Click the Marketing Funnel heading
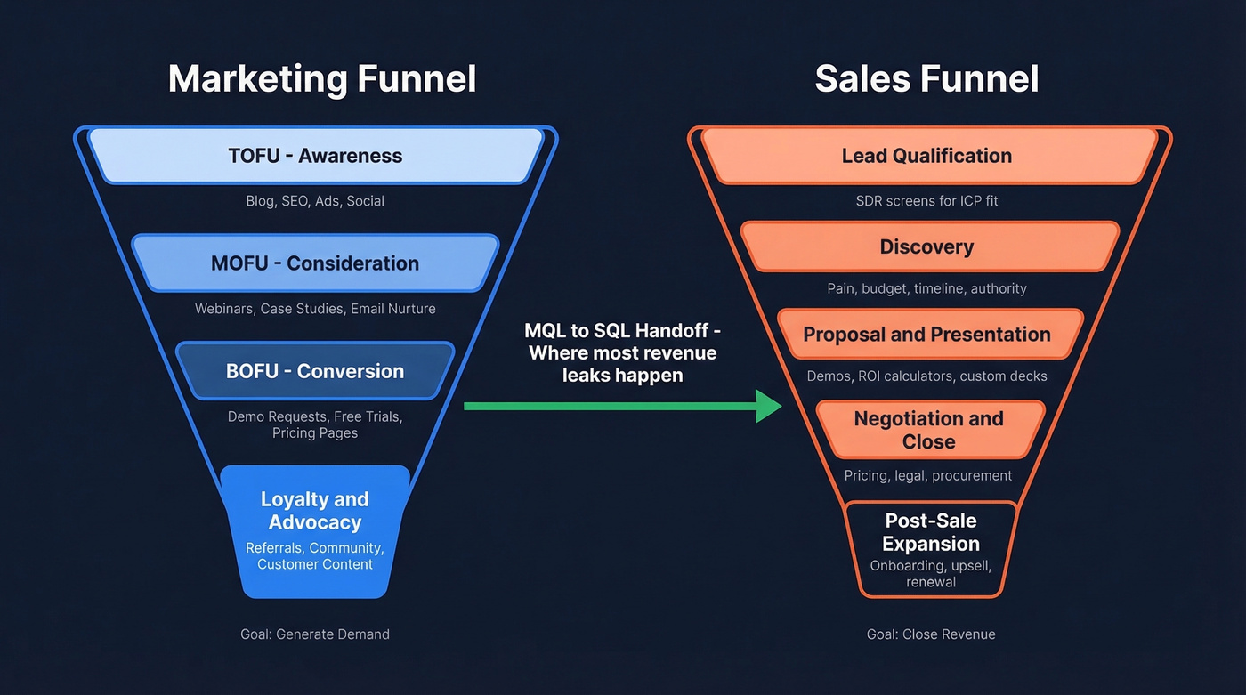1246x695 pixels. point(322,78)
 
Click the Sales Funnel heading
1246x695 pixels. point(926,78)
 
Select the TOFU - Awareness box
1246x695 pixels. point(315,156)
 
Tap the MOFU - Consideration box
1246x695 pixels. point(315,263)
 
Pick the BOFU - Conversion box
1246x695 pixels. point(315,371)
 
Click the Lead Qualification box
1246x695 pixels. point(926,156)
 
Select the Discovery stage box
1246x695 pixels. point(926,246)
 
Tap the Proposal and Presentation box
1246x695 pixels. point(926,335)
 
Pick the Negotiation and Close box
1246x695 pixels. point(928,430)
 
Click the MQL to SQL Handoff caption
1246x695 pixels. point(622,352)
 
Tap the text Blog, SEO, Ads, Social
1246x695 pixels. point(315,201)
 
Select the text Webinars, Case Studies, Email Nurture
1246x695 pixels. point(315,309)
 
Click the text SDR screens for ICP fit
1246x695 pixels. point(926,201)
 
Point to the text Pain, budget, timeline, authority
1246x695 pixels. point(926,288)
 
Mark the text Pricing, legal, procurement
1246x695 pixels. point(928,475)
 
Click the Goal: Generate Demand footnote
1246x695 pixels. point(315,634)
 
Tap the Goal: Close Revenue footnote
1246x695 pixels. point(931,634)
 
